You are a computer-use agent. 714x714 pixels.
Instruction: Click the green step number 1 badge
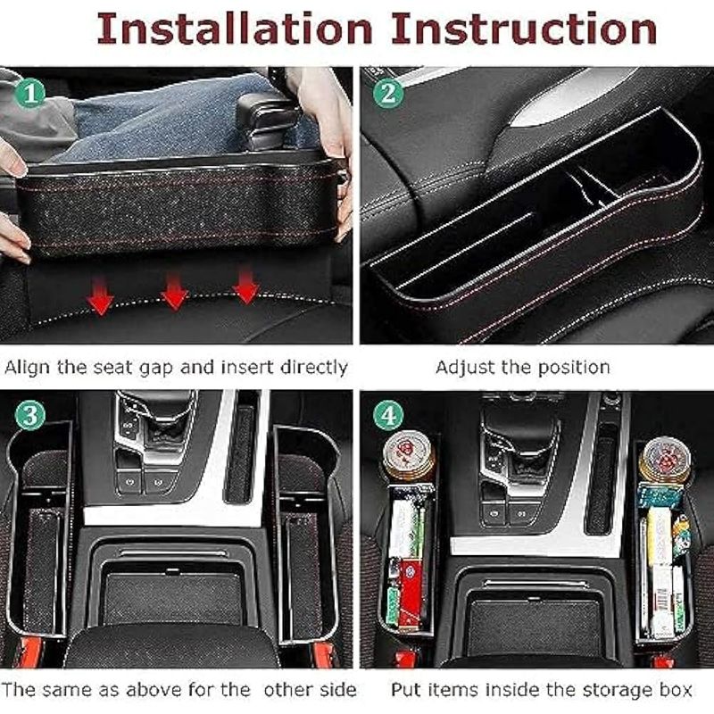pyautogui.click(x=30, y=93)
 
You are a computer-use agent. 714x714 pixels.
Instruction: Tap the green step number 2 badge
pyautogui.click(x=388, y=93)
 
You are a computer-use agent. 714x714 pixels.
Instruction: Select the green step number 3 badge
pyautogui.click(x=30, y=415)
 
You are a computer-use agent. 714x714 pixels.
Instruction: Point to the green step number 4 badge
pyautogui.click(x=388, y=415)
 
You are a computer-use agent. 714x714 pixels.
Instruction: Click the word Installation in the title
pyautogui.click(x=235, y=29)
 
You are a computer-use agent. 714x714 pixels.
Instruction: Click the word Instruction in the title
pyautogui.click(x=524, y=29)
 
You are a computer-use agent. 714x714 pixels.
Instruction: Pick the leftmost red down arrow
pyautogui.click(x=100, y=296)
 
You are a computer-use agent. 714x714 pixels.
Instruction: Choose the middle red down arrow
pyautogui.click(x=174, y=292)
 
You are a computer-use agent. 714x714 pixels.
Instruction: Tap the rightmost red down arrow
pyautogui.click(x=246, y=285)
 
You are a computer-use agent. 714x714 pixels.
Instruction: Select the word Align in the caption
pyautogui.click(x=28, y=368)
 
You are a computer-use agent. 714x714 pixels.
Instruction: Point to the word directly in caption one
pyautogui.click(x=314, y=368)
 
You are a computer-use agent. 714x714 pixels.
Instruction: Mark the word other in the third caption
pyautogui.click(x=288, y=690)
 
